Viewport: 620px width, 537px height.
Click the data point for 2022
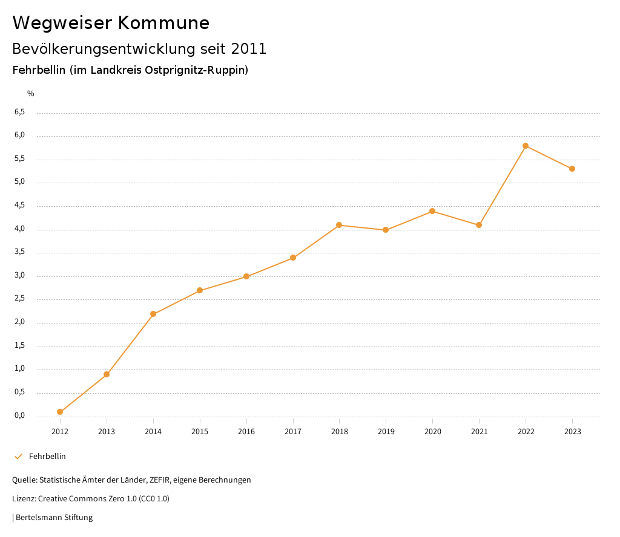[526, 146]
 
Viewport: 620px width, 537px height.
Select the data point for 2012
[60, 412]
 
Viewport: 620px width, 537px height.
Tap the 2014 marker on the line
[153, 314]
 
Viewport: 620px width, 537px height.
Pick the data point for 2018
[339, 225]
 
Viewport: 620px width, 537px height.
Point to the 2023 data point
[572, 169]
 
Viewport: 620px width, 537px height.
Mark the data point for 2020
[432, 211]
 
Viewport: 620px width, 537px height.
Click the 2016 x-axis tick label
[246, 432]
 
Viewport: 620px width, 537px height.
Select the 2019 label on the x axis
[386, 432]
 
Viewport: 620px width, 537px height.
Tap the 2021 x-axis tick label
[479, 432]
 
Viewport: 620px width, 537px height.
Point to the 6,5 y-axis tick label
[19, 112]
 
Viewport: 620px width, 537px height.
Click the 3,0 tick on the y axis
[19, 276]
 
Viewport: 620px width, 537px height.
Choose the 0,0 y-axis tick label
[19, 416]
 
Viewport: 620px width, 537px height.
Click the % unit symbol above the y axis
[31, 94]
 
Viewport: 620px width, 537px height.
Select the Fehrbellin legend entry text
[47, 457]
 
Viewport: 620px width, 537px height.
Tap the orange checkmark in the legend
[18, 457]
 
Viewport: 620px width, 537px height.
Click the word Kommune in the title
[163, 23]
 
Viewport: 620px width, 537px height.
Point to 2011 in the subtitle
[249, 49]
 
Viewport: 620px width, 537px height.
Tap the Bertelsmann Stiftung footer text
[54, 518]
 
